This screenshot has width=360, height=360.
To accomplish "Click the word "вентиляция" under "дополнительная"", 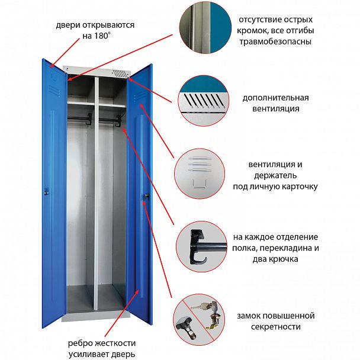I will coord(275,108).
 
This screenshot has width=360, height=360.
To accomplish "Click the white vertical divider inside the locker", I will coord(93,195).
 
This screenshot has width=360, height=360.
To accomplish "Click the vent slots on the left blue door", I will coord(54,89).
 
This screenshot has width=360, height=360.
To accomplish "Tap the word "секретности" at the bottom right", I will coord(276,327).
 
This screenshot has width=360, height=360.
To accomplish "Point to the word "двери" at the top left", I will coord(69,25).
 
